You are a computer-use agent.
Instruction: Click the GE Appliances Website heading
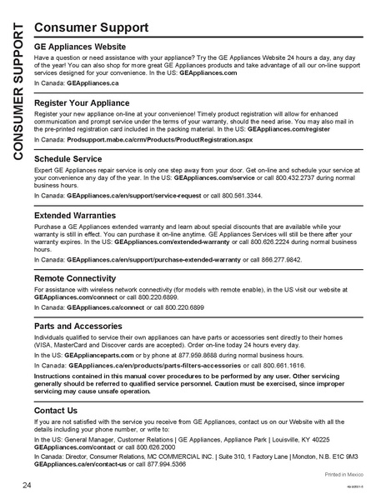(x=92, y=47)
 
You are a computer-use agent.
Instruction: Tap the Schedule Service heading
(x=74, y=157)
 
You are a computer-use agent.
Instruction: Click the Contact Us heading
(x=56, y=411)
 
